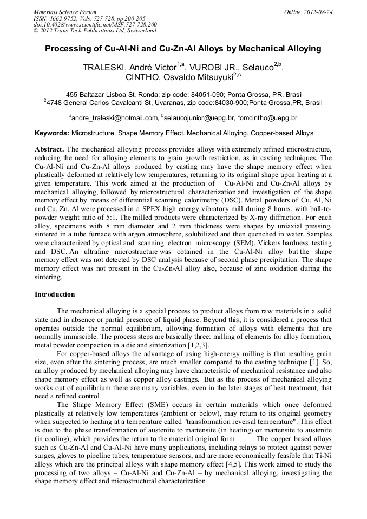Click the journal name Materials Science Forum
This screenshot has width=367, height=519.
65,11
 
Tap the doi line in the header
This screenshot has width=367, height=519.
95,24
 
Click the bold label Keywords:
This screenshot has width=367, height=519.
52,133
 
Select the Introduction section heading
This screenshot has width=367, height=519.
55,294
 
